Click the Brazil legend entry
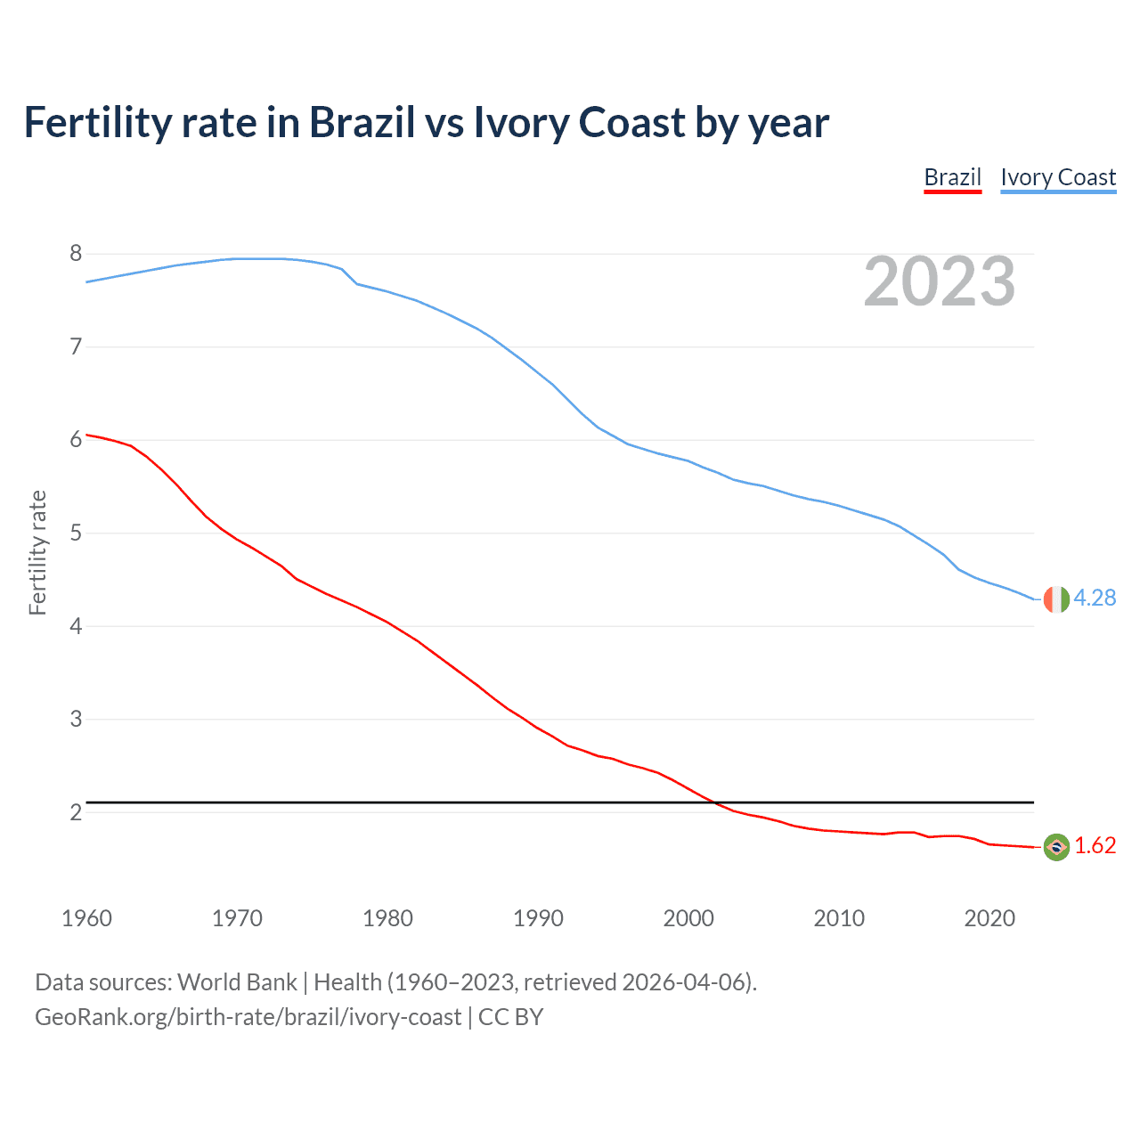point(952,177)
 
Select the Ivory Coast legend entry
point(1058,177)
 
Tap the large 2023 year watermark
point(940,281)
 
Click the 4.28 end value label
point(1095,598)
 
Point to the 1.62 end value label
point(1095,846)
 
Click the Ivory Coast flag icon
point(1056,599)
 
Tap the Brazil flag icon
point(1056,847)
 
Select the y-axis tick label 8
point(76,254)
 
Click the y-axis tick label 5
point(76,533)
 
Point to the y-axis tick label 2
point(76,812)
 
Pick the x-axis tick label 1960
point(86,918)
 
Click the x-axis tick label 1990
point(538,918)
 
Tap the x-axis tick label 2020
point(989,918)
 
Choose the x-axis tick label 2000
point(688,918)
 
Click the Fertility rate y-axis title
point(37,552)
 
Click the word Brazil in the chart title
point(362,123)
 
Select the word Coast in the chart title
point(632,123)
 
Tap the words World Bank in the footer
point(237,982)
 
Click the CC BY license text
point(510,1017)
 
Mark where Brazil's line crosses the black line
point(713,802)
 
